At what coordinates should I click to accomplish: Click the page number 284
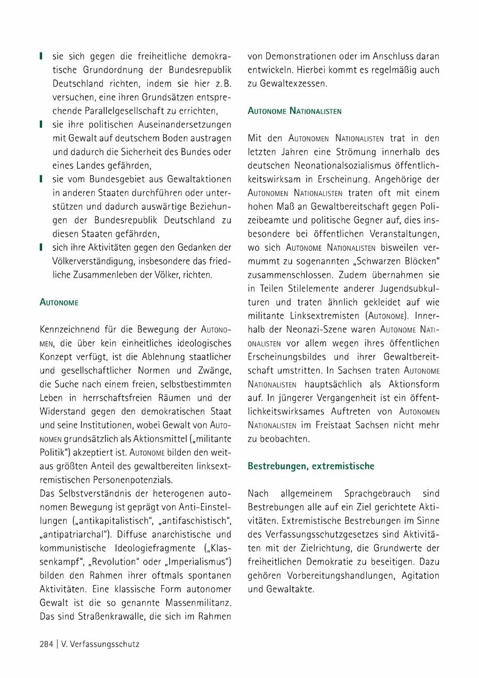point(46,644)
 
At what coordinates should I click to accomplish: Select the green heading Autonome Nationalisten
point(294,111)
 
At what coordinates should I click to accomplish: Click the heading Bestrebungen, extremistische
point(311,466)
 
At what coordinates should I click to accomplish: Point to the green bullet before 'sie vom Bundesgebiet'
point(42,178)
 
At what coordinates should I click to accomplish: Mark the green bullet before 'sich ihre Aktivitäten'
point(42,247)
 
